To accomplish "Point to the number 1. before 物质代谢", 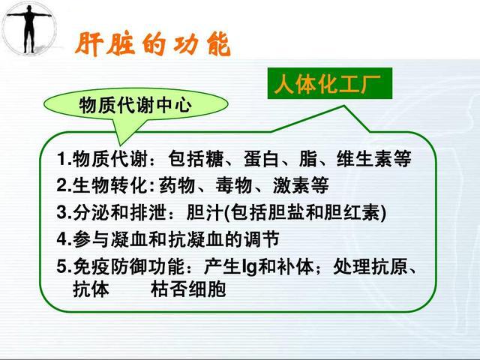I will (x=63, y=160).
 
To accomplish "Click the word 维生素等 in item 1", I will (x=380, y=160).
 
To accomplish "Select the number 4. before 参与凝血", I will (x=63, y=239).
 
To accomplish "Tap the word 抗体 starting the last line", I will (x=89, y=289).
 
